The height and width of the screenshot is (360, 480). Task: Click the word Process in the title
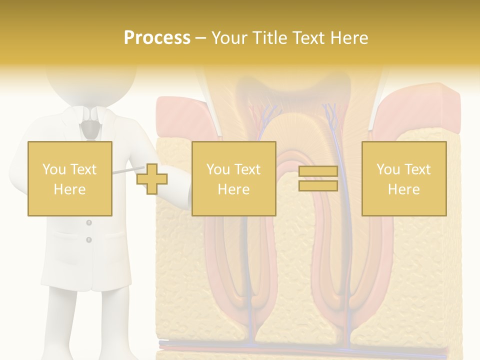[x=157, y=38]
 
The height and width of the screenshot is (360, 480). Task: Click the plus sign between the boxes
[x=152, y=179]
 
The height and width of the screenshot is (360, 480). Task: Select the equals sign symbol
[x=318, y=178]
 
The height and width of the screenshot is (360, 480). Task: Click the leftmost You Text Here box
[x=69, y=178]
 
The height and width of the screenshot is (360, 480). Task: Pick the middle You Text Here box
[x=233, y=178]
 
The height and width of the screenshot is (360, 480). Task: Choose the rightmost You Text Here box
[x=403, y=178]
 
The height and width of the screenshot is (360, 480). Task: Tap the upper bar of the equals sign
[x=318, y=171]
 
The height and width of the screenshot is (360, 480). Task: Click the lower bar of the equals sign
[x=318, y=185]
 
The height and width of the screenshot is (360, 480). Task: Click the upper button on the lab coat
[x=89, y=222]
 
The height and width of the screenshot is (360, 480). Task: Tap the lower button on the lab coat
[x=89, y=240]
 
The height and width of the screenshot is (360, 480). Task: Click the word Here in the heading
[x=348, y=38]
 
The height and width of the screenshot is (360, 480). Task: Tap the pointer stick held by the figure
[x=125, y=171]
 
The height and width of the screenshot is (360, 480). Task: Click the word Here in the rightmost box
[x=403, y=189]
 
